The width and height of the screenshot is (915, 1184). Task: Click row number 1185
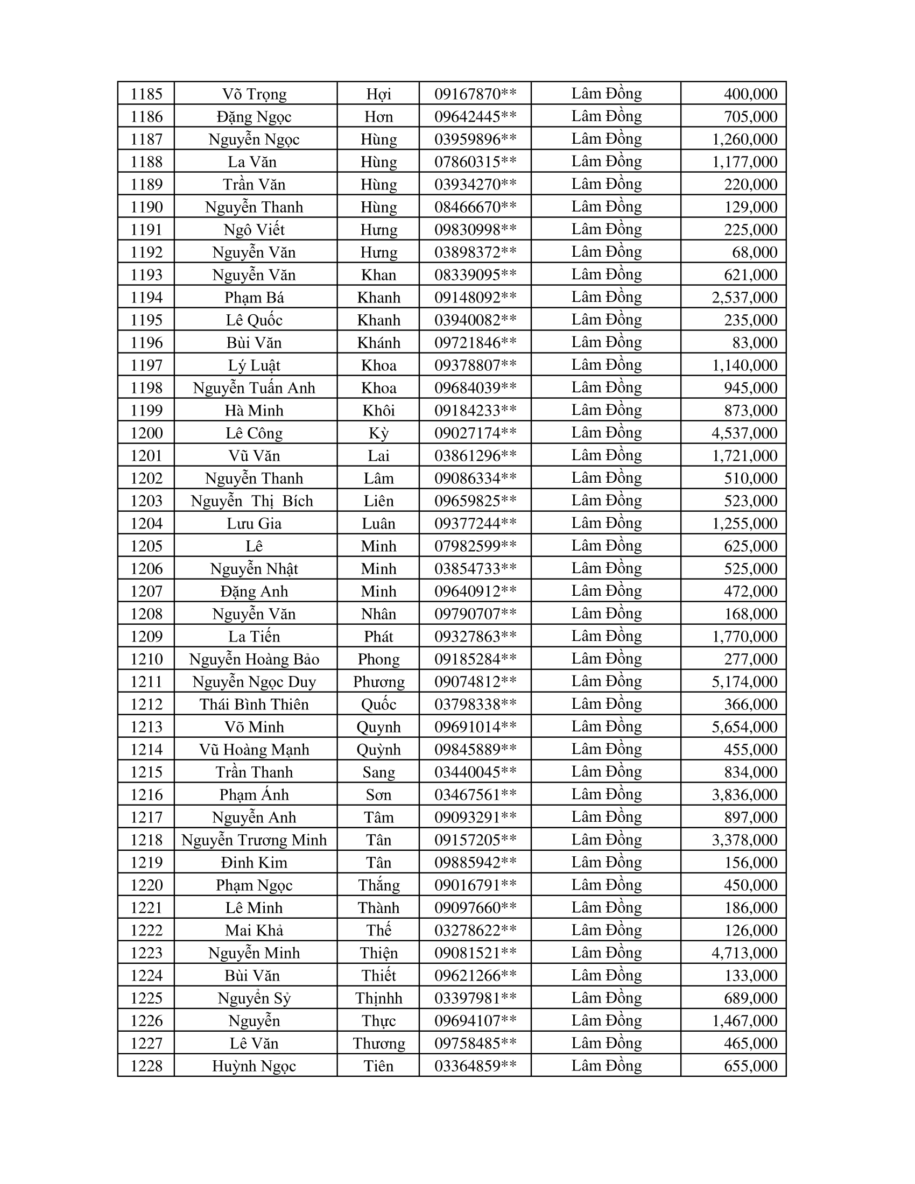(146, 94)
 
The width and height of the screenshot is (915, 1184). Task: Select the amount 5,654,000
(744, 727)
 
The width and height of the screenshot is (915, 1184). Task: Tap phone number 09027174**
(475, 433)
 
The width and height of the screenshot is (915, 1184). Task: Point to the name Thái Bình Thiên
(254, 704)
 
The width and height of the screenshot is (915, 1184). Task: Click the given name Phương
(378, 681)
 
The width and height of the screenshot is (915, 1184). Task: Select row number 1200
(146, 433)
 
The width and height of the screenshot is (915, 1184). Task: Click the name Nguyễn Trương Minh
(254, 840)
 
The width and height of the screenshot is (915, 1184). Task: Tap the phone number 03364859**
(475, 1066)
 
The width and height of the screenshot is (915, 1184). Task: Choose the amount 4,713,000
(744, 953)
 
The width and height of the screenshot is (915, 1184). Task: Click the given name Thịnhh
(378, 998)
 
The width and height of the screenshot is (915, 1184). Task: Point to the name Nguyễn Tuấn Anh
(254, 387)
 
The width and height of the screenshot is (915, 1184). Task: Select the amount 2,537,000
(744, 297)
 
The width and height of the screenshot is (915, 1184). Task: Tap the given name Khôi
(378, 411)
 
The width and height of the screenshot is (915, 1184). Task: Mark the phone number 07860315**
(475, 161)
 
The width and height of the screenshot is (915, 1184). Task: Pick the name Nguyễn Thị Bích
(252, 501)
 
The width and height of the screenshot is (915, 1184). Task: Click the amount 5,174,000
(744, 681)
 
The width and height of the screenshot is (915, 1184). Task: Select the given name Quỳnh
(378, 749)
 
